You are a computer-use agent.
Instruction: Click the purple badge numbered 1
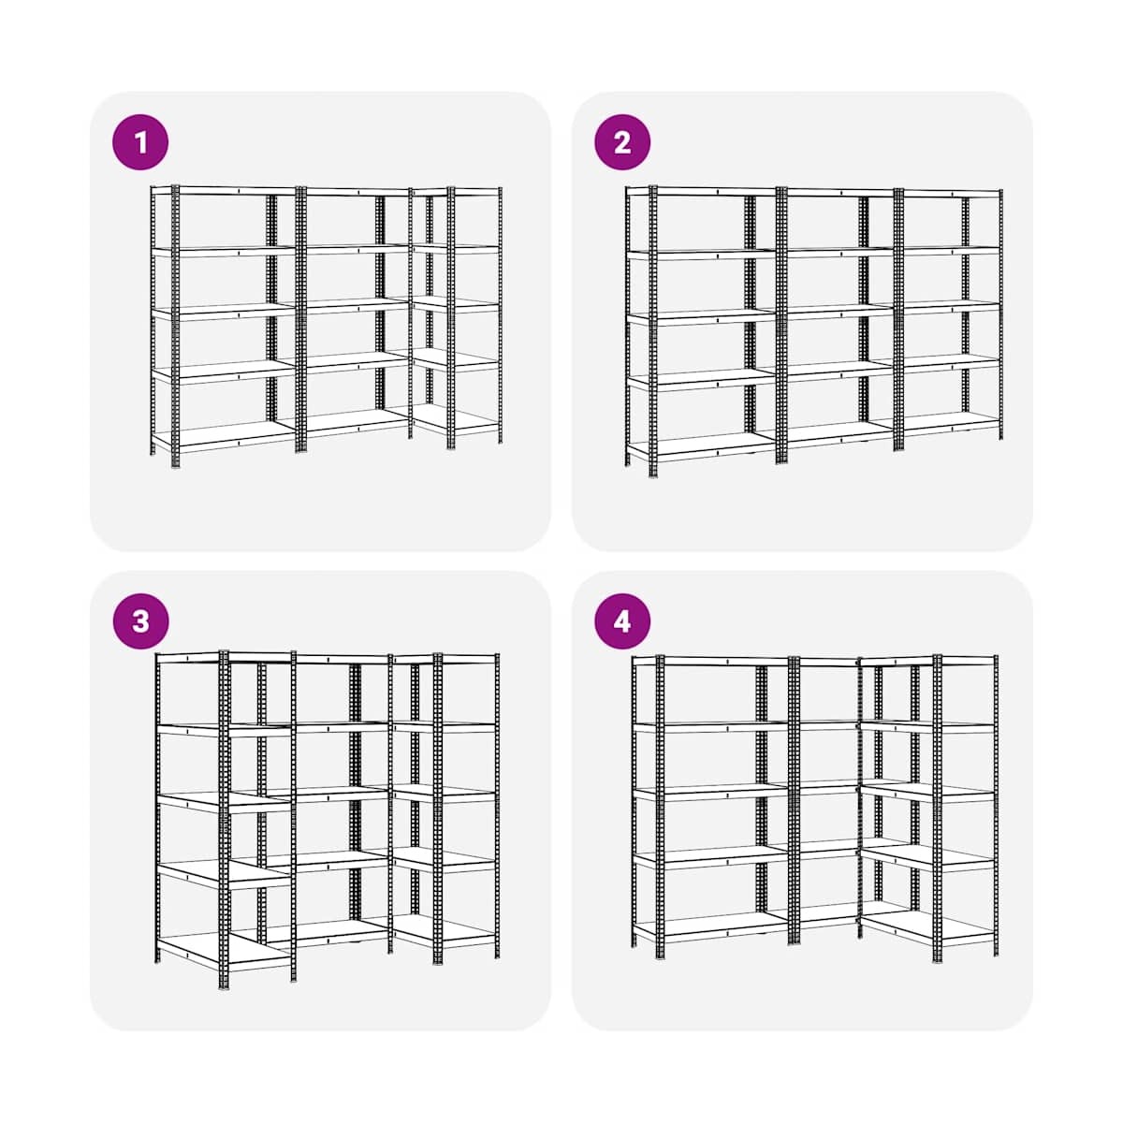coord(140,142)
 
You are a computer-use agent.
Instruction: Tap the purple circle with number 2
coord(622,142)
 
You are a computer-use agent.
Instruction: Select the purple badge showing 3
coord(140,621)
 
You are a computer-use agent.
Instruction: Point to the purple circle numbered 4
coord(622,621)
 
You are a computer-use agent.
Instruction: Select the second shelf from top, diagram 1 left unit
coord(225,251)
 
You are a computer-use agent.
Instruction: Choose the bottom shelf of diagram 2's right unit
coord(949,423)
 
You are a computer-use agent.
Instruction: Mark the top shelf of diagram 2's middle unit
coord(839,192)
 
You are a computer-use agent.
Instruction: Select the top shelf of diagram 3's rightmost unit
coord(445,659)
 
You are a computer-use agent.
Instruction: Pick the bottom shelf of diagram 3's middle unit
coord(330,931)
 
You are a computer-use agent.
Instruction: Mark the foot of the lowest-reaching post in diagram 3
coord(224,985)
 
